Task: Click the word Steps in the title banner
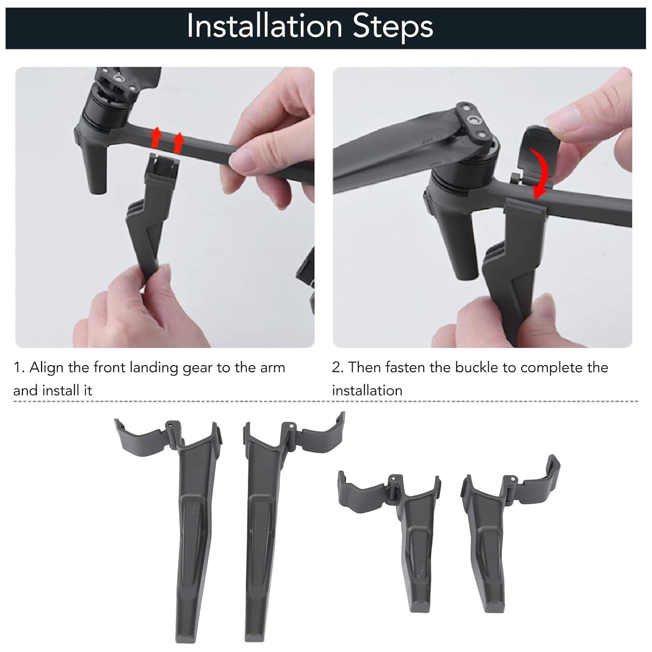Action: click(393, 27)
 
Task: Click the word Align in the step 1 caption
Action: click(47, 368)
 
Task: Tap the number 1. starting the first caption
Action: click(19, 368)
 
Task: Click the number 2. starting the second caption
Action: click(338, 368)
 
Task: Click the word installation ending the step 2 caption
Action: click(367, 390)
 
